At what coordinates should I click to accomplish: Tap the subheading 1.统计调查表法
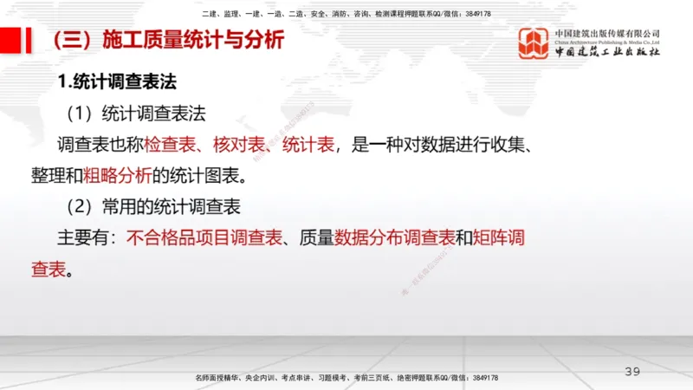tap(117, 82)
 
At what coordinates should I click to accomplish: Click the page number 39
tap(632, 372)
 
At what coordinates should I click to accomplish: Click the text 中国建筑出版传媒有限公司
tap(607, 32)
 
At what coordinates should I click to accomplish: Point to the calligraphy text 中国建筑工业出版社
tap(607, 52)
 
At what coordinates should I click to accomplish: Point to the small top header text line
tap(346, 14)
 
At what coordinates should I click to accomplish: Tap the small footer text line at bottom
tap(346, 379)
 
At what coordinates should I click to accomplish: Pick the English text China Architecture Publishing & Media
tap(607, 42)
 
